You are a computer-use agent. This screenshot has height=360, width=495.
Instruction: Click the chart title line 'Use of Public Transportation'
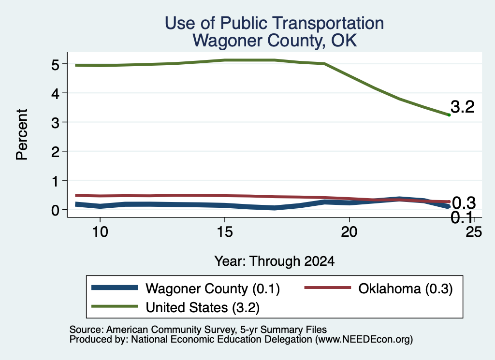point(275,23)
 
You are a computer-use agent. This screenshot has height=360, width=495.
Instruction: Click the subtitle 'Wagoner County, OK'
point(275,41)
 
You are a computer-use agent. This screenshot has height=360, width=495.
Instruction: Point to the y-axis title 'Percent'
point(22,134)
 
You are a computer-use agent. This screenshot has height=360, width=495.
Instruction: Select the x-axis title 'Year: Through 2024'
point(275,261)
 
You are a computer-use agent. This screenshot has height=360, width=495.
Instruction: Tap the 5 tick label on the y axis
point(55,65)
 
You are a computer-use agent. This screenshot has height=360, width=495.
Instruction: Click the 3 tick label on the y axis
point(55,122)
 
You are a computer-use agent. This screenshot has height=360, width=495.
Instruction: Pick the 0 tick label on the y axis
point(55,210)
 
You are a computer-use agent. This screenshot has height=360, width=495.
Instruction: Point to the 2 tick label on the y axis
point(55,151)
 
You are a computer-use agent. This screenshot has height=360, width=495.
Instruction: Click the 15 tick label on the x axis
point(225,232)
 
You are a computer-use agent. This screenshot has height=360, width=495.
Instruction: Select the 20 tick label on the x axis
point(349,232)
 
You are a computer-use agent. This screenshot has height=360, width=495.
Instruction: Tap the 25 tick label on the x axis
point(474,232)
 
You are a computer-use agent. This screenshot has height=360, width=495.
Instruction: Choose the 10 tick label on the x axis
point(100,232)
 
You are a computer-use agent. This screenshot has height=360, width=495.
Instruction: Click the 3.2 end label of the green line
point(463,107)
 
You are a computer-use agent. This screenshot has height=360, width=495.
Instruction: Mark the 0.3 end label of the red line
point(464,203)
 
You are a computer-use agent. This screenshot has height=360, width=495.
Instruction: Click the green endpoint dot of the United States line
point(449,115)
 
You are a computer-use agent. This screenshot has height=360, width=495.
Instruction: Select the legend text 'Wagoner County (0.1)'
point(213,288)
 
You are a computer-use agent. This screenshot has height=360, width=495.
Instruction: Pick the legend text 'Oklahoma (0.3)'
point(406,288)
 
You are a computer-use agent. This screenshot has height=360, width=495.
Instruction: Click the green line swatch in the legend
point(115,306)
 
